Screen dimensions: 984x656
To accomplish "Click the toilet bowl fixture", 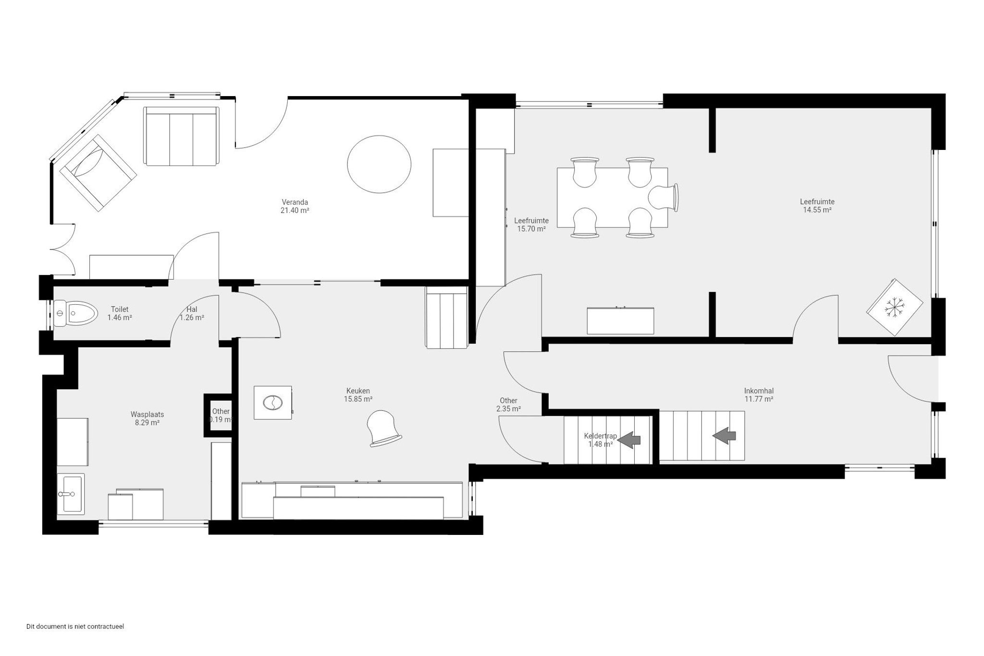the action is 75,313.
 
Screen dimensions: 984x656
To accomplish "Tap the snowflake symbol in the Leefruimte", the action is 895,307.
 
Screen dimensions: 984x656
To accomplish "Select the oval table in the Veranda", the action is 379,164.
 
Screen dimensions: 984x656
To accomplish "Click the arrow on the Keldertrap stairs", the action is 629,439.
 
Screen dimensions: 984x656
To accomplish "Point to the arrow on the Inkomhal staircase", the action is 724,435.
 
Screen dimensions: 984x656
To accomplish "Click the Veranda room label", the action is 295,202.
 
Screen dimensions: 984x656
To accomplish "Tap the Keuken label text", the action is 358,391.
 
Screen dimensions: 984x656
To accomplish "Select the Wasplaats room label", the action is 148,414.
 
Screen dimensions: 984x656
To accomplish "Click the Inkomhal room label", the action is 759,391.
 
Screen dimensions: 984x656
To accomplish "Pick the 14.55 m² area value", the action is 817,210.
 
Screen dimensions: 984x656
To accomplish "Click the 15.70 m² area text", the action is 531,229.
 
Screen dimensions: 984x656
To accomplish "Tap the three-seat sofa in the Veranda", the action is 181,136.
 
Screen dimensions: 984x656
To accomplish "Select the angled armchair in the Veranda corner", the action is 98,173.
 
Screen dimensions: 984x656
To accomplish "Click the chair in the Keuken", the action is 383,428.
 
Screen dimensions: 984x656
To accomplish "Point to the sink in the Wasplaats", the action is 71,493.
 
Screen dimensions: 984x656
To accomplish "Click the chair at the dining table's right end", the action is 664,198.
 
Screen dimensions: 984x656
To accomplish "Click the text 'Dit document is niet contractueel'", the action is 75,627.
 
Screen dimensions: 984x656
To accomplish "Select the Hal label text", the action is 192,309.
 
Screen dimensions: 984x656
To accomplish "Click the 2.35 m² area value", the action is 508,409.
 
